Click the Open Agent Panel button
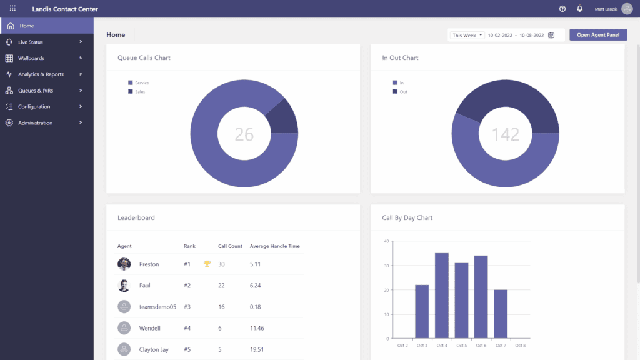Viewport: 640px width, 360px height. (x=598, y=35)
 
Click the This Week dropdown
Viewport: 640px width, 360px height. (x=467, y=36)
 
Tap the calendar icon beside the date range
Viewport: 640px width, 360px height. (x=551, y=36)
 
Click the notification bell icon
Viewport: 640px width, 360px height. (x=579, y=9)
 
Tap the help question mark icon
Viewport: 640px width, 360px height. (x=562, y=9)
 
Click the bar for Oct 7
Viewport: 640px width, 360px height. (x=501, y=314)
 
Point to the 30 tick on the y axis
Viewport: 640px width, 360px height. (x=387, y=266)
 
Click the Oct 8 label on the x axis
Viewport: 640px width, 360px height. (x=520, y=346)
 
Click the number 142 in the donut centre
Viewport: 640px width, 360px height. (x=506, y=134)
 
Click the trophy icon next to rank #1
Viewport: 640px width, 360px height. (x=207, y=264)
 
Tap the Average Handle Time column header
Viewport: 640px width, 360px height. (x=274, y=246)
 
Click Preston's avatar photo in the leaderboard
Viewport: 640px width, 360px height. (x=124, y=264)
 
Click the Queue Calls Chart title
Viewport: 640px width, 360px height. (x=144, y=58)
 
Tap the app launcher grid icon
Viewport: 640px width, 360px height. (x=12, y=9)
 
